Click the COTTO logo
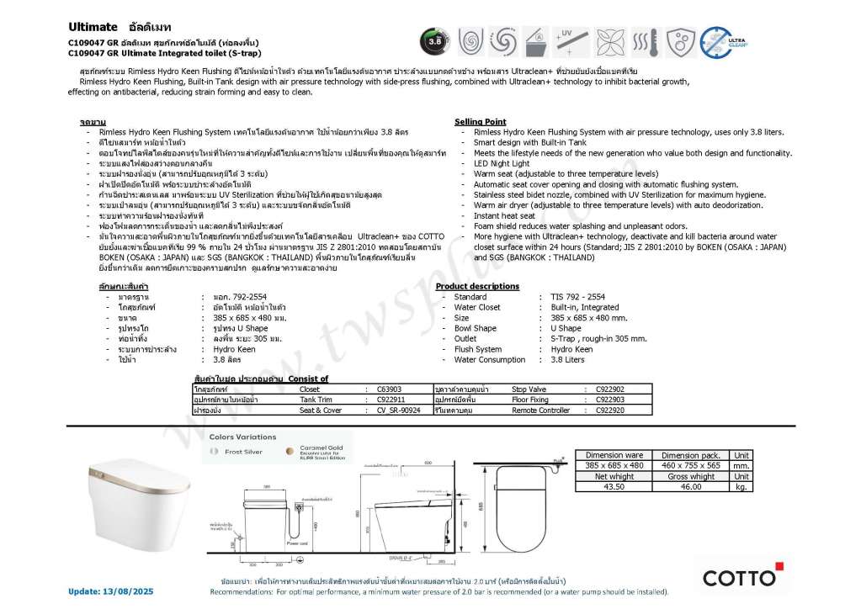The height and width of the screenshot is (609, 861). tap(739, 577)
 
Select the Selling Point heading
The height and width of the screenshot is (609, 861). tap(480, 122)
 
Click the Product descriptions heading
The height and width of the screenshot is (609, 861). tap(477, 286)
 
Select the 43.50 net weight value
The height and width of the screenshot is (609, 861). tap(614, 486)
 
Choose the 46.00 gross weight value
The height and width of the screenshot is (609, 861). tap(690, 486)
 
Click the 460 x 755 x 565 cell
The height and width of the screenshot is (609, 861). tap(690, 465)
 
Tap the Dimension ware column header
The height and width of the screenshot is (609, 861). tap(614, 455)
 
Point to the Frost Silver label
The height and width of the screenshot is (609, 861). tap(243, 452)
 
